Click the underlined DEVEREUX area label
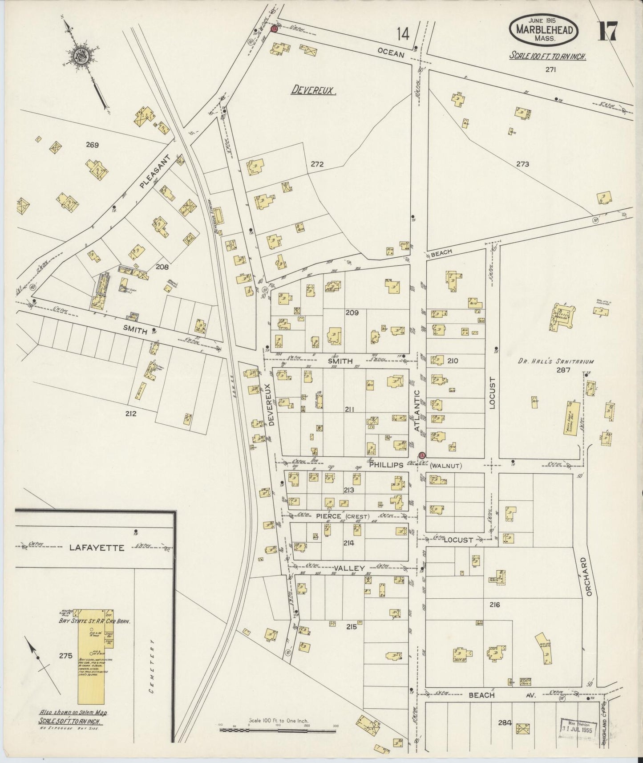point(314,91)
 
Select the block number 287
point(563,370)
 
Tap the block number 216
point(494,605)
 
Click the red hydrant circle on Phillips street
point(421,455)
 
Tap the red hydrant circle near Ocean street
point(274,29)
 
